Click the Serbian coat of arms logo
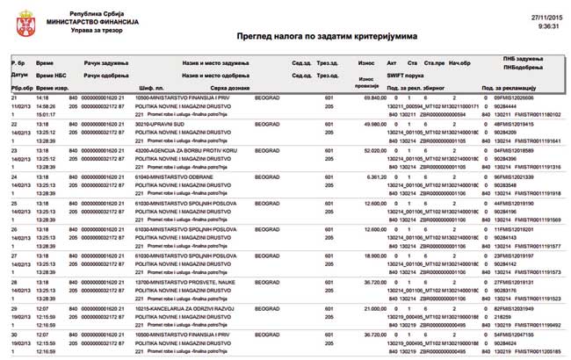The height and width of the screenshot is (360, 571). pyautogui.click(x=20, y=23)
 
